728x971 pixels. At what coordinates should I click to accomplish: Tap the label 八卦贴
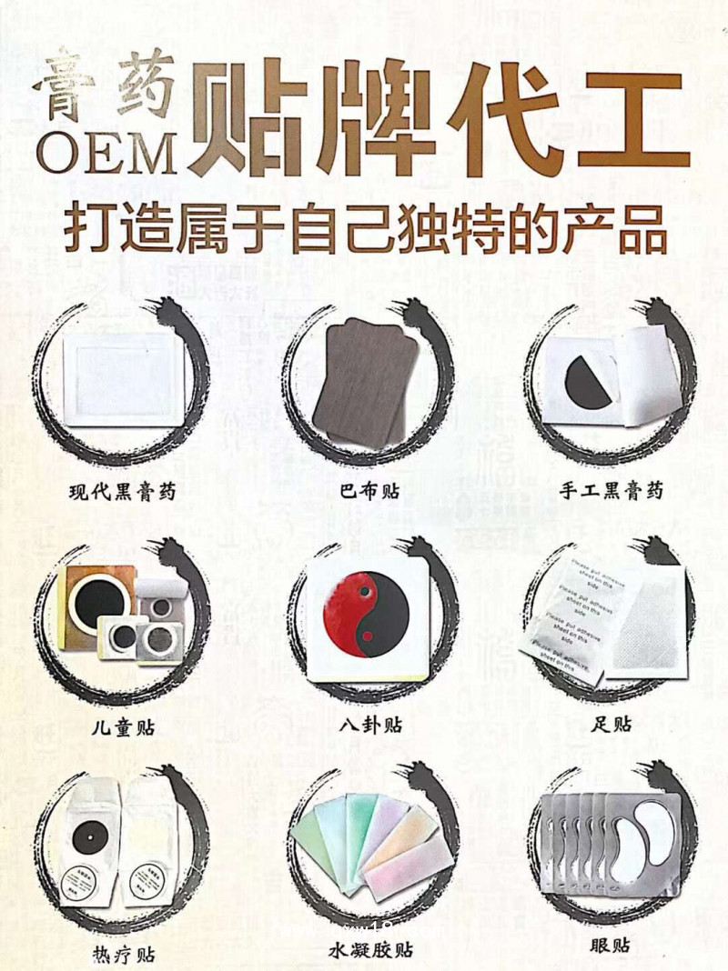point(368,726)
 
